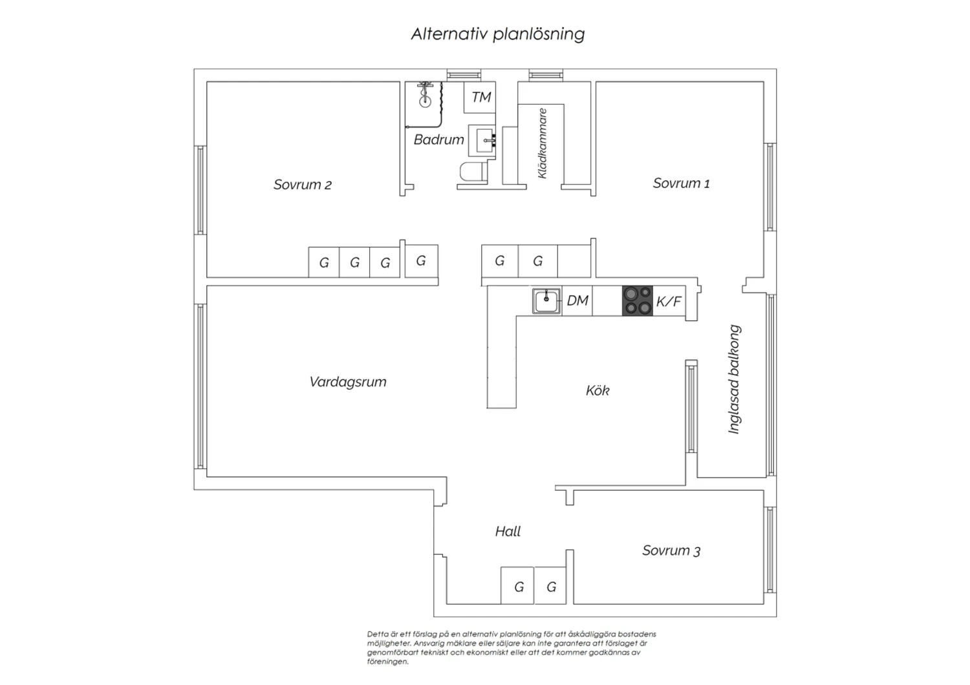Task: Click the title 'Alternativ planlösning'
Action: tap(497, 34)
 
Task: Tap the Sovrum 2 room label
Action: tap(302, 185)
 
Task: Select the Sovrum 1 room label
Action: tap(681, 183)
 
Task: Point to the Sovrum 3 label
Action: tap(671, 551)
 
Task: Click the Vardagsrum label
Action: tap(348, 382)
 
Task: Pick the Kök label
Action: tap(598, 390)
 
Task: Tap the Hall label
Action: tap(508, 531)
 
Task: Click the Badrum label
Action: tap(438, 140)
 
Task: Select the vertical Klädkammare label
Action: tap(542, 143)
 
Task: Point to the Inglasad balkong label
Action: tap(734, 379)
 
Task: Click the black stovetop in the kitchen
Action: tap(638, 300)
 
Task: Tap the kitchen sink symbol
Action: tap(546, 300)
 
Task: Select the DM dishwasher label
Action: tap(577, 300)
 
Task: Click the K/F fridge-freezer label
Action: tap(669, 301)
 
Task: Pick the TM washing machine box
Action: tap(480, 98)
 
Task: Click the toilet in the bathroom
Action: tap(472, 171)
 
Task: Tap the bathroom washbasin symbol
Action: tap(482, 140)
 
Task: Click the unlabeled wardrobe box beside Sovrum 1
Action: tap(574, 261)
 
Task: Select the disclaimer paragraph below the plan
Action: tap(512, 648)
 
